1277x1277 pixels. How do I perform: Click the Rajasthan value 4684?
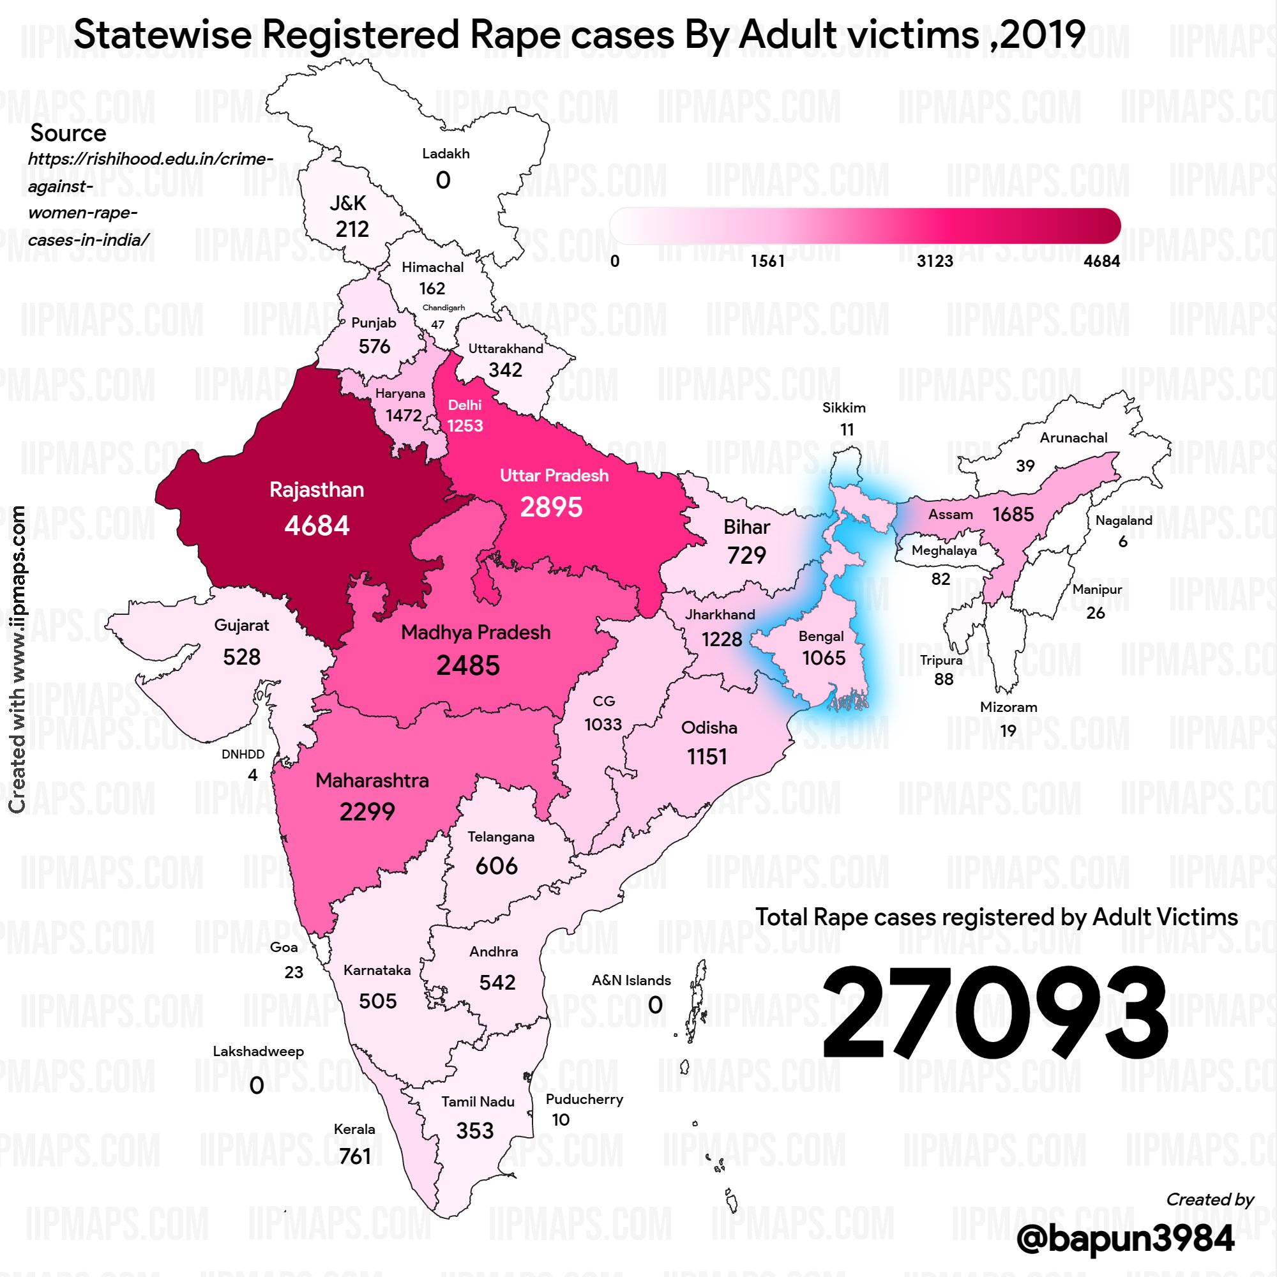(317, 526)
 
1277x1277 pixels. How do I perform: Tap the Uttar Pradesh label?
(554, 475)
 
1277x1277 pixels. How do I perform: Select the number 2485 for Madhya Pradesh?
(468, 665)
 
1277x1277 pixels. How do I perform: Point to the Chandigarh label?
(444, 308)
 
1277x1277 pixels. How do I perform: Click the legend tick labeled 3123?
(935, 261)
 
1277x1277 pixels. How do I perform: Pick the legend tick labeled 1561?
(767, 261)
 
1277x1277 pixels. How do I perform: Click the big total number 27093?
(995, 1012)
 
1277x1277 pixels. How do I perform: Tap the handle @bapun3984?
(1125, 1238)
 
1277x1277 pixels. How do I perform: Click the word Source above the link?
(68, 133)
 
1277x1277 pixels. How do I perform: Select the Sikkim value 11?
(847, 430)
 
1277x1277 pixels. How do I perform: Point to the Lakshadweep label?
(259, 1052)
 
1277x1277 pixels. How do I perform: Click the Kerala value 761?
(355, 1156)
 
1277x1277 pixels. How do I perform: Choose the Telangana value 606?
(496, 866)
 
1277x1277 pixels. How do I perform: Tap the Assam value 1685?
(1013, 514)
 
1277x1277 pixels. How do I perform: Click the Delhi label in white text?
(465, 405)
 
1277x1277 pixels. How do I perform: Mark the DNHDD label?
(243, 754)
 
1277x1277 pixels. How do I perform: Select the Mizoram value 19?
(1008, 730)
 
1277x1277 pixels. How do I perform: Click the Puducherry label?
(584, 1099)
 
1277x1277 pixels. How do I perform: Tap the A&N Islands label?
(631, 980)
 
